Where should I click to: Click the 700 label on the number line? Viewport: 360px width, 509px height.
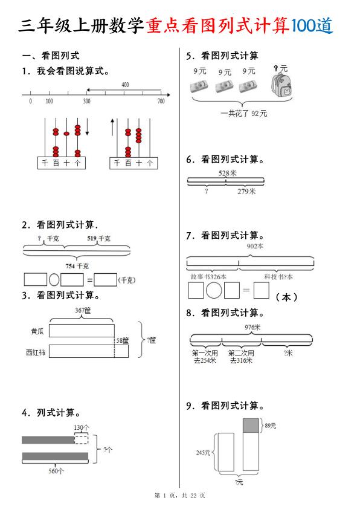(161, 101)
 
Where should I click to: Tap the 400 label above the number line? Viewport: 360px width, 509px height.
(125, 85)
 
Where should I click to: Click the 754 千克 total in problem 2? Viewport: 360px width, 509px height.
(77, 265)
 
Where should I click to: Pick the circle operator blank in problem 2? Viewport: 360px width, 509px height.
(54, 280)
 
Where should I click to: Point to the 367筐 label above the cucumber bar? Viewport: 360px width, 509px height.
(83, 310)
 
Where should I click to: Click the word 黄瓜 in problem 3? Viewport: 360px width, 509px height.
(37, 331)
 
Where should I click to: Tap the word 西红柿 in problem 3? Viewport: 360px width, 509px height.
(36, 352)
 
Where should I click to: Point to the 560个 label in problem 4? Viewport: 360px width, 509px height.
(56, 471)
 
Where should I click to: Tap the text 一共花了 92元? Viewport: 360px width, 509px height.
(244, 113)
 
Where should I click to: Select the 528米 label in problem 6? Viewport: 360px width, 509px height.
(227, 173)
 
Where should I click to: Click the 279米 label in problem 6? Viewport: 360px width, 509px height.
(246, 192)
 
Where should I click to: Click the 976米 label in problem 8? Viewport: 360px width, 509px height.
(252, 327)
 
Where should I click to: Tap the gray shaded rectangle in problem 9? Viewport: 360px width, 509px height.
(251, 426)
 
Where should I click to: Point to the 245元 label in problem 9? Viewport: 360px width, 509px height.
(202, 452)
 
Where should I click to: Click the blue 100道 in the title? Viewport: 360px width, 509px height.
(311, 25)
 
